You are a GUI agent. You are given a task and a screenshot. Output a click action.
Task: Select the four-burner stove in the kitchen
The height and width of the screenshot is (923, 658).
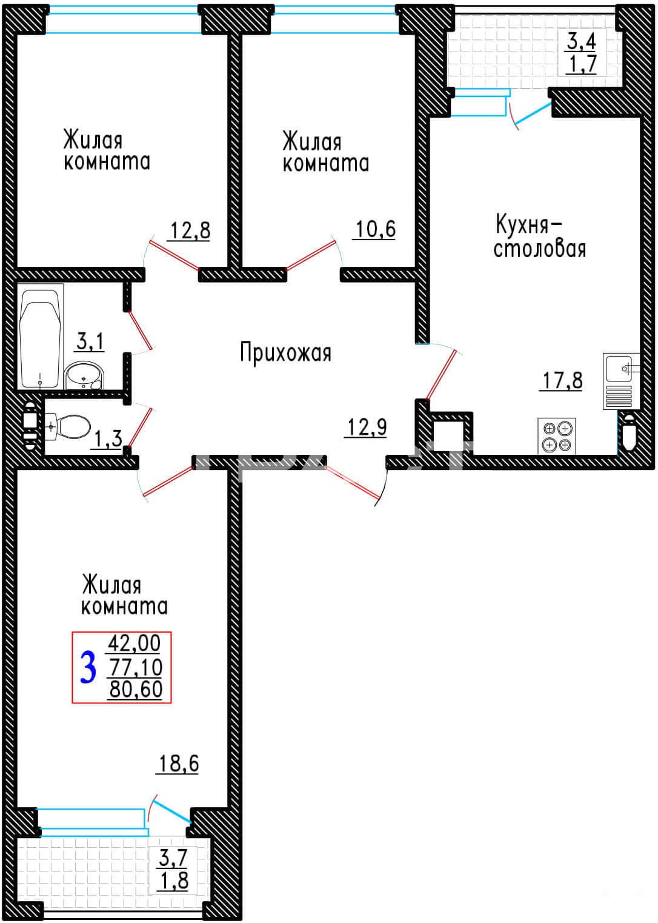(557, 437)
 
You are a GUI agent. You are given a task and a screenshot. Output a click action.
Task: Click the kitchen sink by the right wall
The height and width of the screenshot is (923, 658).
(620, 381)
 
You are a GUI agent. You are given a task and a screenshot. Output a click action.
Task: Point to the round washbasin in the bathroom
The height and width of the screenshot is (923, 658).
(85, 376)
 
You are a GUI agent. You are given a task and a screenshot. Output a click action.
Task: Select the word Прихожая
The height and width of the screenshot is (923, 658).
(286, 354)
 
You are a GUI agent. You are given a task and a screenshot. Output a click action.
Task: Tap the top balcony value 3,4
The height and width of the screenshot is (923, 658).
(582, 41)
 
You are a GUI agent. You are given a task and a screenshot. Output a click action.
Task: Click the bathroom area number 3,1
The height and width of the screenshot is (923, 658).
(90, 342)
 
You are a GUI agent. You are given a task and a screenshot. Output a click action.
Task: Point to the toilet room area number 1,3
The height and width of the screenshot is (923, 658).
(108, 439)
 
